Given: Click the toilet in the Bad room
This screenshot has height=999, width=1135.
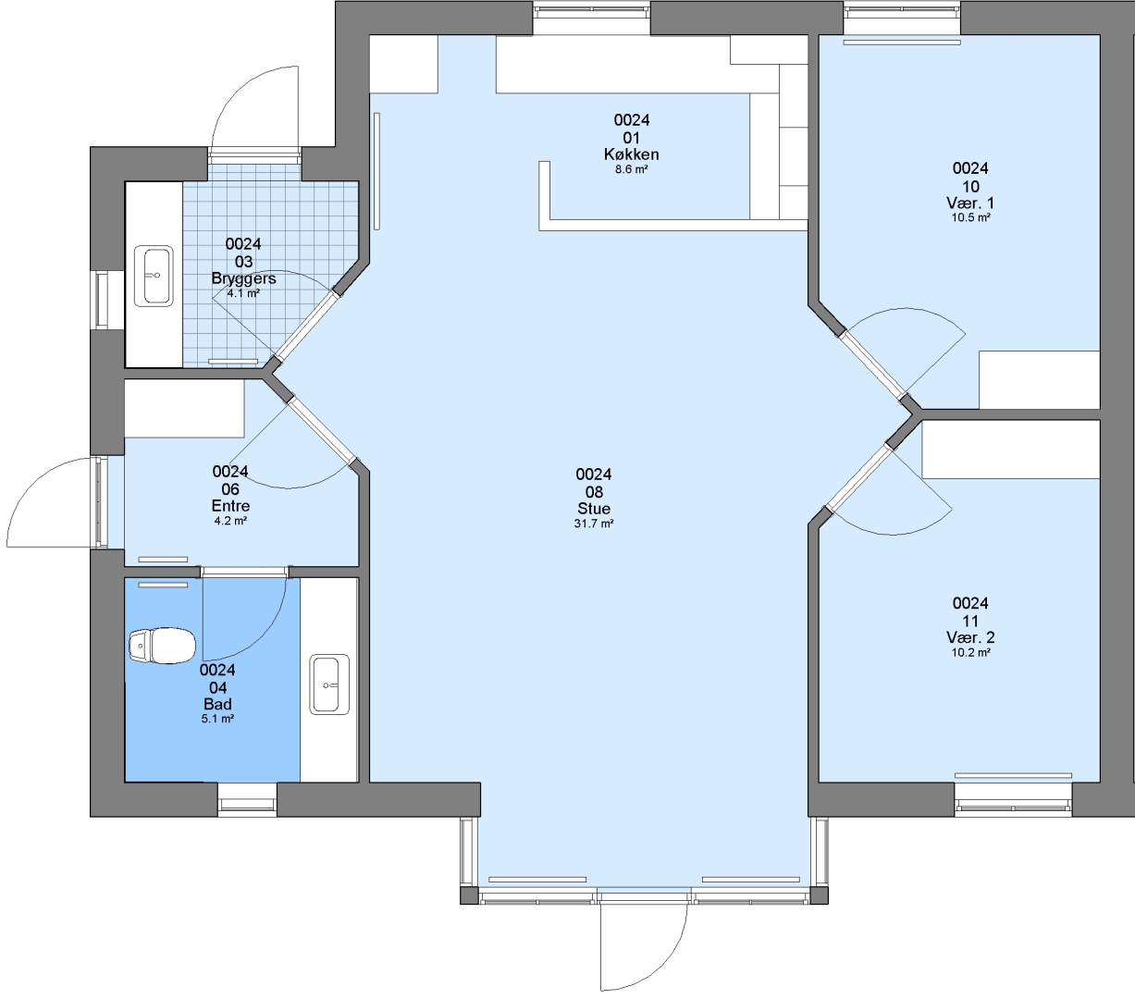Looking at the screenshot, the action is (163, 646).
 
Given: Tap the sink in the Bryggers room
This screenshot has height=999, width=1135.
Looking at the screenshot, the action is (154, 276).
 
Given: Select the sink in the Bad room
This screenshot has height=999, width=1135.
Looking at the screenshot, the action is (330, 684).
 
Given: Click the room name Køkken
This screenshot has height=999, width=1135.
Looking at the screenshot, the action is (632, 154).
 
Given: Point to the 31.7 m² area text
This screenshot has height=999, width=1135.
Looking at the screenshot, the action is (594, 524).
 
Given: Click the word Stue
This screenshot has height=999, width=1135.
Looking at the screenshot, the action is (594, 509).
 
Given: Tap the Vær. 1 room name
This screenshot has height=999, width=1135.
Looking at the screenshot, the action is (971, 203).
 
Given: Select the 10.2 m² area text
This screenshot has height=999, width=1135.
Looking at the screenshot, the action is (971, 653).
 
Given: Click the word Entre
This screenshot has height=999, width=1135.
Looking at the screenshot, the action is (231, 506).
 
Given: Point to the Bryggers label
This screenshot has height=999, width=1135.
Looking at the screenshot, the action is (243, 278).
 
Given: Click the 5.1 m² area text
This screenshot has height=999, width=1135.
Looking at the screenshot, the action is (217, 719).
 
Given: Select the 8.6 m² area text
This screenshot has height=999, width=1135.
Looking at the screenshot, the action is (632, 169).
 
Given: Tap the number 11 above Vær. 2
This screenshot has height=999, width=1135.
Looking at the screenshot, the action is (971, 621).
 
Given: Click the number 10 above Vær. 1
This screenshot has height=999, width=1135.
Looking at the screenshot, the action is (971, 187).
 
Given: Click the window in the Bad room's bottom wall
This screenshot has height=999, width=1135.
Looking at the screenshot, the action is (247, 799).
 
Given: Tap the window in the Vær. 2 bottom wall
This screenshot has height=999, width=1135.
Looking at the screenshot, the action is (1013, 799).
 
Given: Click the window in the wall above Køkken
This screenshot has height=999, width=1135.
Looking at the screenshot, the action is (592, 18).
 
